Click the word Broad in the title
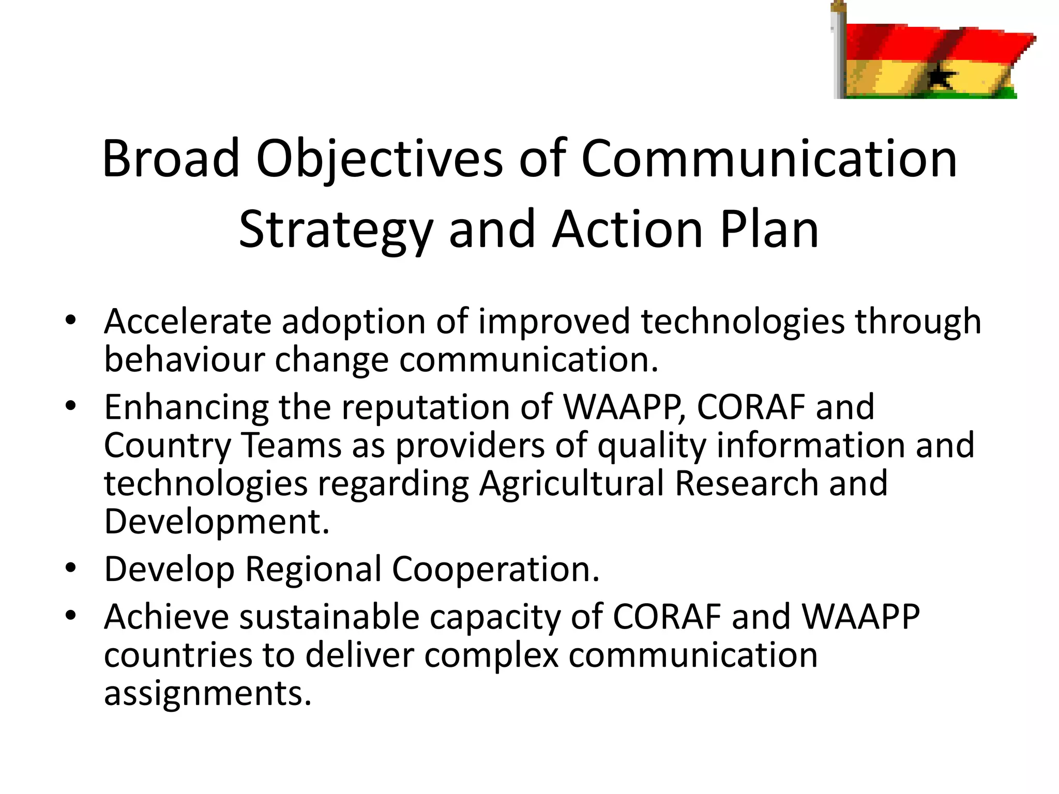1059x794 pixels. click(x=171, y=159)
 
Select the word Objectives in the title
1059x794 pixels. click(x=379, y=159)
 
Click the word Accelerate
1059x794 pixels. click(x=187, y=322)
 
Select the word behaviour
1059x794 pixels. click(x=184, y=359)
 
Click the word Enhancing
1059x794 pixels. click(x=186, y=407)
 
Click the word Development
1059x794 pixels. click(x=216, y=521)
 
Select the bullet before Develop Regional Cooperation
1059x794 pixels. click(x=71, y=568)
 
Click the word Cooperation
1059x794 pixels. click(x=495, y=569)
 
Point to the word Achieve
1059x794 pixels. click(x=166, y=617)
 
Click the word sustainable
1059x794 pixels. click(x=329, y=617)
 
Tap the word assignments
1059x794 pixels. click(x=208, y=693)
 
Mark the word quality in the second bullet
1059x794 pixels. click(x=652, y=446)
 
